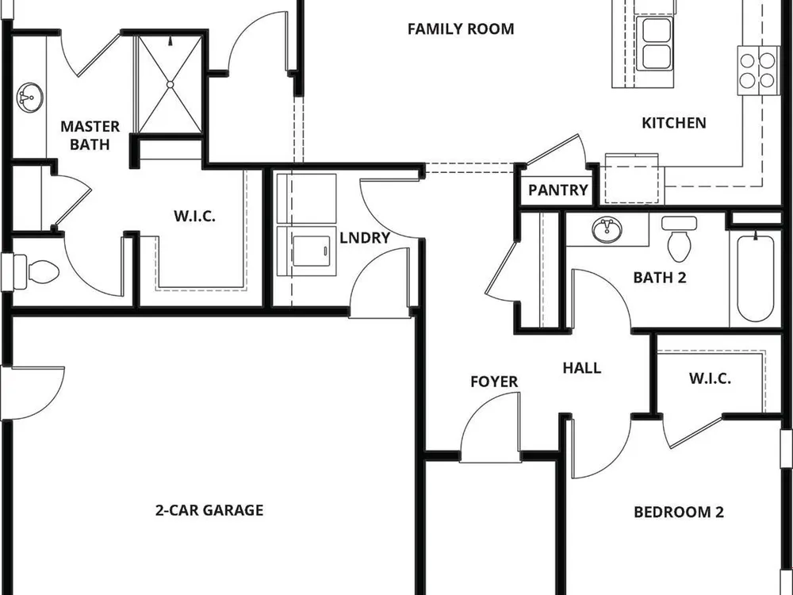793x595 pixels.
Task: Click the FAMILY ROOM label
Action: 461,29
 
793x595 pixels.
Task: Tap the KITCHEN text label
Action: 673,123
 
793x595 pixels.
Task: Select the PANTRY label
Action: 557,190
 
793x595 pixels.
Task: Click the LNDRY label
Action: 365,238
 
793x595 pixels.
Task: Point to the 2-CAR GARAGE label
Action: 209,510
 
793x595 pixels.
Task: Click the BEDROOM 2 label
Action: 679,512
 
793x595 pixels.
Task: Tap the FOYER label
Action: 494,382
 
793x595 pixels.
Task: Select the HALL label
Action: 582,368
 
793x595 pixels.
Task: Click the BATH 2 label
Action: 660,277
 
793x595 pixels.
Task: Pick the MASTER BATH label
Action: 90,135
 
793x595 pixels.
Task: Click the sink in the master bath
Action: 30,97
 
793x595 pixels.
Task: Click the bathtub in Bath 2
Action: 756,277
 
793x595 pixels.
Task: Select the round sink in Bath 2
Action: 607,231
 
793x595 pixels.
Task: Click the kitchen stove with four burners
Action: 757,71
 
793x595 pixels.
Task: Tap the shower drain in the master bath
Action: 170,85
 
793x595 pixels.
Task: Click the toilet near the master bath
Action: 36,271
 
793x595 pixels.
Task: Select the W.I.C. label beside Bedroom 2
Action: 710,378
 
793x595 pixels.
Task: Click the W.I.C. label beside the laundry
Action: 195,216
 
